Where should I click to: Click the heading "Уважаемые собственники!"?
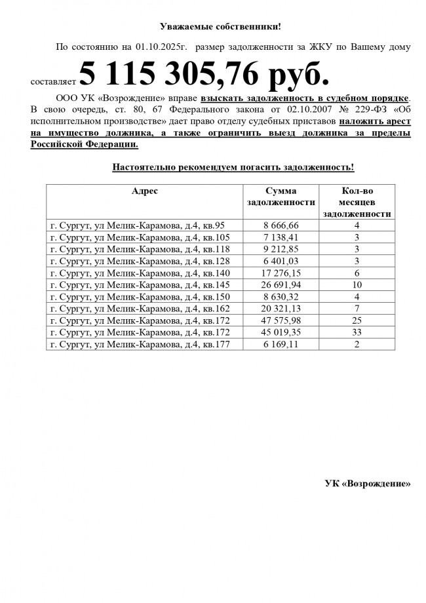(x=220, y=26)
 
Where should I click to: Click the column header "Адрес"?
(x=145, y=191)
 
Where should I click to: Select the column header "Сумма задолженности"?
(x=281, y=196)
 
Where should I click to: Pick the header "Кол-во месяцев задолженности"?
(x=358, y=202)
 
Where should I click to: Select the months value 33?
(x=358, y=333)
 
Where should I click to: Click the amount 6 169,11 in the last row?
(x=281, y=345)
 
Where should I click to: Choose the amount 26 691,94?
(x=281, y=285)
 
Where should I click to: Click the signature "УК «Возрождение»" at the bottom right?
(x=367, y=484)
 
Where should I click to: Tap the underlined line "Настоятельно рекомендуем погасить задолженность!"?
(x=233, y=167)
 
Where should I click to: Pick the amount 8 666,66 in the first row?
(x=281, y=225)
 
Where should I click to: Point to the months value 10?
(x=358, y=285)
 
